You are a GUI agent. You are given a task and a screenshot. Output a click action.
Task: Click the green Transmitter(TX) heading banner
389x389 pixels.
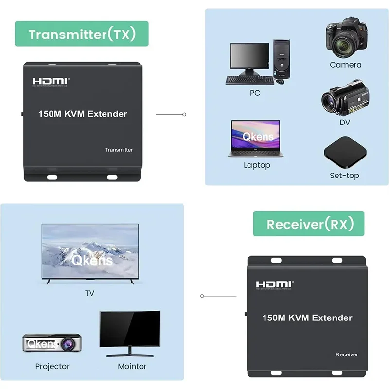[81, 34]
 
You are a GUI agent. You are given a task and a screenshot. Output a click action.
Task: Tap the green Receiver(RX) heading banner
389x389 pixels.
[308, 224]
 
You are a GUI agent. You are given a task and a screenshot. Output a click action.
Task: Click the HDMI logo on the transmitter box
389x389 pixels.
[51, 81]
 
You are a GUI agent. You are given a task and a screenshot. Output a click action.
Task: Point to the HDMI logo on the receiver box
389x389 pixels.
[275, 285]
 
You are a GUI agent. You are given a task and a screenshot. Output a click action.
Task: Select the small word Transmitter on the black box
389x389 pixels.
[119, 150]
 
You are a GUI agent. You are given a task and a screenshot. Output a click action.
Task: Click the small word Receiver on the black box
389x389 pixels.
[347, 354]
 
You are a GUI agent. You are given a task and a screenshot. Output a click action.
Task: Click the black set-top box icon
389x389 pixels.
[344, 151]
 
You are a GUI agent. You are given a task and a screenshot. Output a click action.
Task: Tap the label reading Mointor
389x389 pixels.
[132, 366]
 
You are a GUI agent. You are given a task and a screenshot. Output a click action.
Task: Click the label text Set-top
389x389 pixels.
[344, 176]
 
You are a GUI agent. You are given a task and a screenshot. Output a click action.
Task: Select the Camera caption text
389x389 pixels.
[346, 65]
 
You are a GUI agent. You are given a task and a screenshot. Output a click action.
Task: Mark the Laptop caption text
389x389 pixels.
[257, 165]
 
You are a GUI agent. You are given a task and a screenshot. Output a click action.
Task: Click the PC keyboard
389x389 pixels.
[248, 80]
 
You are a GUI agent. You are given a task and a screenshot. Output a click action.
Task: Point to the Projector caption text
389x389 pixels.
[52, 366]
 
